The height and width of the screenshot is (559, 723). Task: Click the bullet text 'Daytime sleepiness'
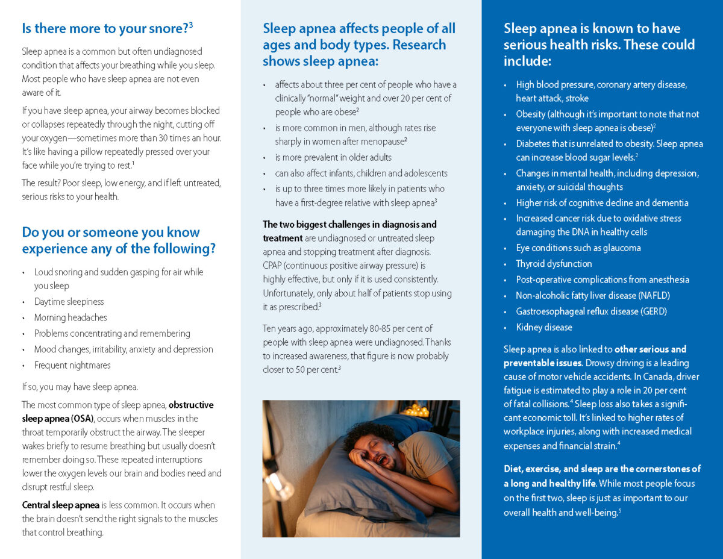69,302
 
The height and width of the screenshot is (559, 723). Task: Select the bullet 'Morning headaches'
70,317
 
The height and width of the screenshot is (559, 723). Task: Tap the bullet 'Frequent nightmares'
72,365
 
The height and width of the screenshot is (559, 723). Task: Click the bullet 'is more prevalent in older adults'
333,157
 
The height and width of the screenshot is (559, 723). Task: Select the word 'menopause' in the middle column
384,142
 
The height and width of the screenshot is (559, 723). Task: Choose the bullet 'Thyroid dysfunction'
554,264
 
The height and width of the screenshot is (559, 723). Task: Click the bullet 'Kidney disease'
544,327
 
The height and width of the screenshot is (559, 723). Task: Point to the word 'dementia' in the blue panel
669,203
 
